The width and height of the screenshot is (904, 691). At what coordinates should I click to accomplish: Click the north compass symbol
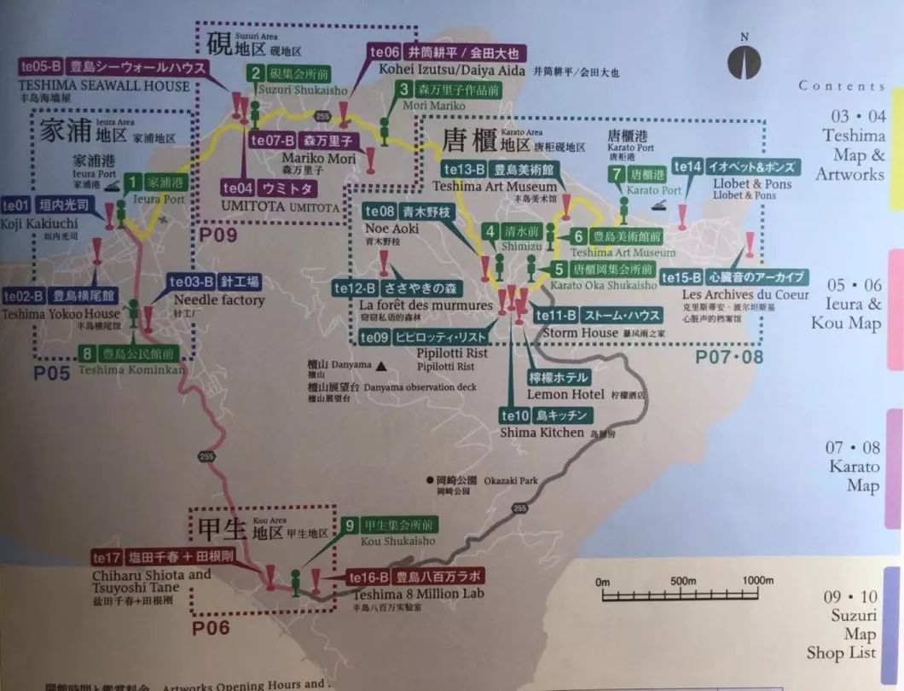click(745, 61)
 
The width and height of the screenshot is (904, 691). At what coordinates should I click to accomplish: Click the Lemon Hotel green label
click(559, 378)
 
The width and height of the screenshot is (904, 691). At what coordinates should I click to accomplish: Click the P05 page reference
click(52, 373)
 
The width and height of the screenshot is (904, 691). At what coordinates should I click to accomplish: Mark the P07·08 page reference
click(729, 356)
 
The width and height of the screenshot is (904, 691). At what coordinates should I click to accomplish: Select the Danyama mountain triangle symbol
click(382, 366)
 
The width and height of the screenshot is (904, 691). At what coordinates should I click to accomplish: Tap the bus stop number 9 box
click(350, 526)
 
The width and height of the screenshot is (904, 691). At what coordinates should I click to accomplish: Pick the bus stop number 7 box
click(617, 174)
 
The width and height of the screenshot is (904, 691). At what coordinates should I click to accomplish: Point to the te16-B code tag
click(368, 578)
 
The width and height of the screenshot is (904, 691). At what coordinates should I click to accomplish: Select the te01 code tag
click(15, 206)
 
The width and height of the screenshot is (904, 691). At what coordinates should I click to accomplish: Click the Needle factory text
click(219, 300)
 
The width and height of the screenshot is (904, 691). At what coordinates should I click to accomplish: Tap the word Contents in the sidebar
click(842, 86)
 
